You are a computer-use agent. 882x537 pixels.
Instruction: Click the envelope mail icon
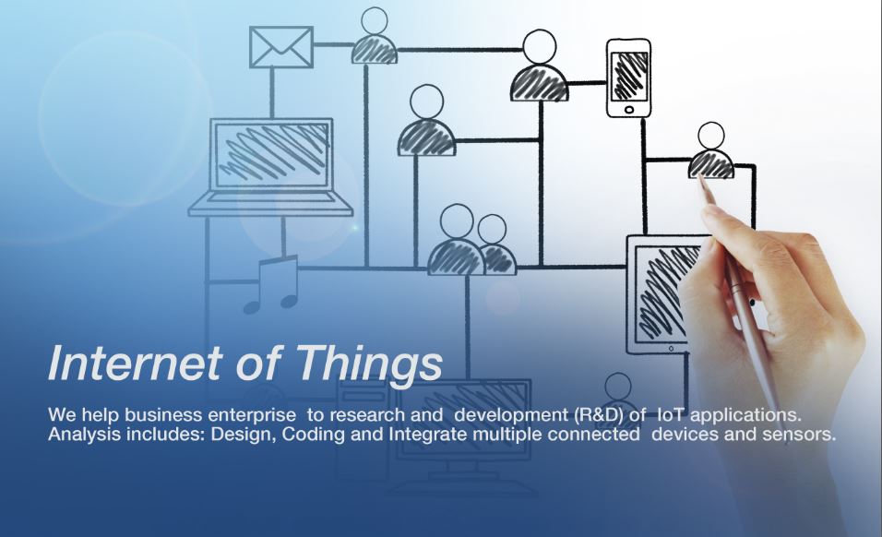[280, 47]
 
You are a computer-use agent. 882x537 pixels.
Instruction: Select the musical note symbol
[271, 284]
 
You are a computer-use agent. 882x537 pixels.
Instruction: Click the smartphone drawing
[628, 78]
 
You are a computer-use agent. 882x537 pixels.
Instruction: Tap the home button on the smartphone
[629, 110]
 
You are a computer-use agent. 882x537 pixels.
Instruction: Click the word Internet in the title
[135, 364]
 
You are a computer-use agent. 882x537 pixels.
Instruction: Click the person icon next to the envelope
[374, 36]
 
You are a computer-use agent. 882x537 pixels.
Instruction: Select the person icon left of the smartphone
[539, 66]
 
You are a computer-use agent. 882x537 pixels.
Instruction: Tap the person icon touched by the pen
[711, 150]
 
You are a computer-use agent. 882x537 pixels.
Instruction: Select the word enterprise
[252, 415]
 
